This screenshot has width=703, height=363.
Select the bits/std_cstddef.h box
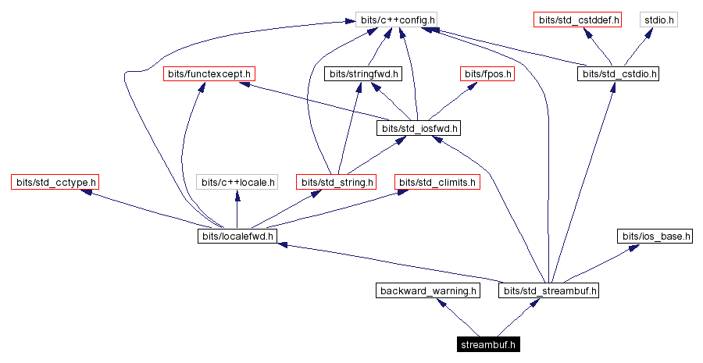pos(577,19)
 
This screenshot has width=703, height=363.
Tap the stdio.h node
pos(658,19)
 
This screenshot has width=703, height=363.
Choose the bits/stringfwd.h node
pos(362,73)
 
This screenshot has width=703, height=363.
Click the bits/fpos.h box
pos(487,73)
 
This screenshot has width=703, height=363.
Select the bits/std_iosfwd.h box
pos(419,128)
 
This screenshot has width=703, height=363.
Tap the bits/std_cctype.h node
pos(55,183)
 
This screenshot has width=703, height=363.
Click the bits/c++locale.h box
pos(237,183)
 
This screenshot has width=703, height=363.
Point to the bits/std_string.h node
pos(337,183)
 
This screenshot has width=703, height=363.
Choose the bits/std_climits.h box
pos(437,183)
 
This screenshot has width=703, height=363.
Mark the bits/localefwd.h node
pos(237,236)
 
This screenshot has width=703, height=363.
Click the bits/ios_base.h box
pos(655,236)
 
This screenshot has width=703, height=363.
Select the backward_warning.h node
pos(427,290)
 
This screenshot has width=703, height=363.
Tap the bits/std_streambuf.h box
pos(550,290)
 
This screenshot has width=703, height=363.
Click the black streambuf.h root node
pos(489,343)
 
